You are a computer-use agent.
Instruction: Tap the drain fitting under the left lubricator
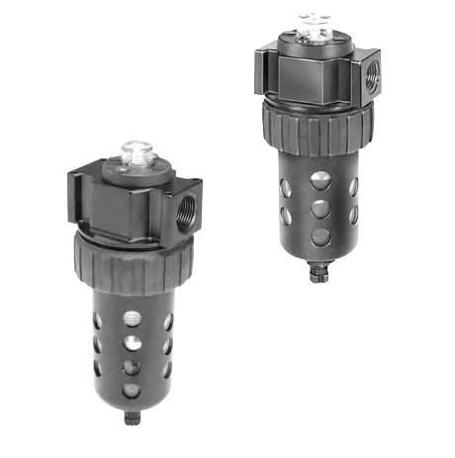click(x=132, y=416)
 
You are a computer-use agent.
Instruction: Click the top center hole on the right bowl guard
click(x=318, y=181)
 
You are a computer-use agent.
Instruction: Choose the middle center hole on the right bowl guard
click(x=318, y=211)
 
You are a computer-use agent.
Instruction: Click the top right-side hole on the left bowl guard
click(x=168, y=321)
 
